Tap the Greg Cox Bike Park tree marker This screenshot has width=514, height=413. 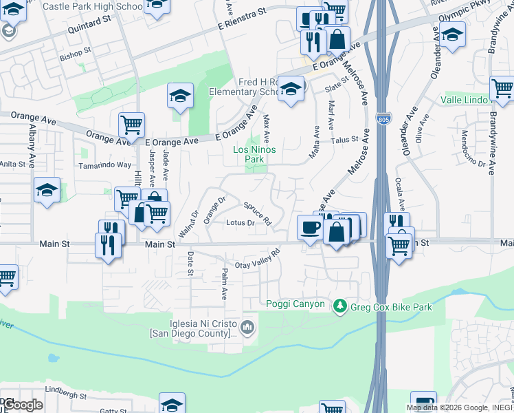339,306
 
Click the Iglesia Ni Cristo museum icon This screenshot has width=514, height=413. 248,326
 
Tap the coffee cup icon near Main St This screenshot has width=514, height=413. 310,228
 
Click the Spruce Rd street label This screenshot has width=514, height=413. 258,213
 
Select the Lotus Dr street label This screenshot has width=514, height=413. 241,223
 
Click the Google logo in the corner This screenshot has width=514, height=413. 23,404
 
